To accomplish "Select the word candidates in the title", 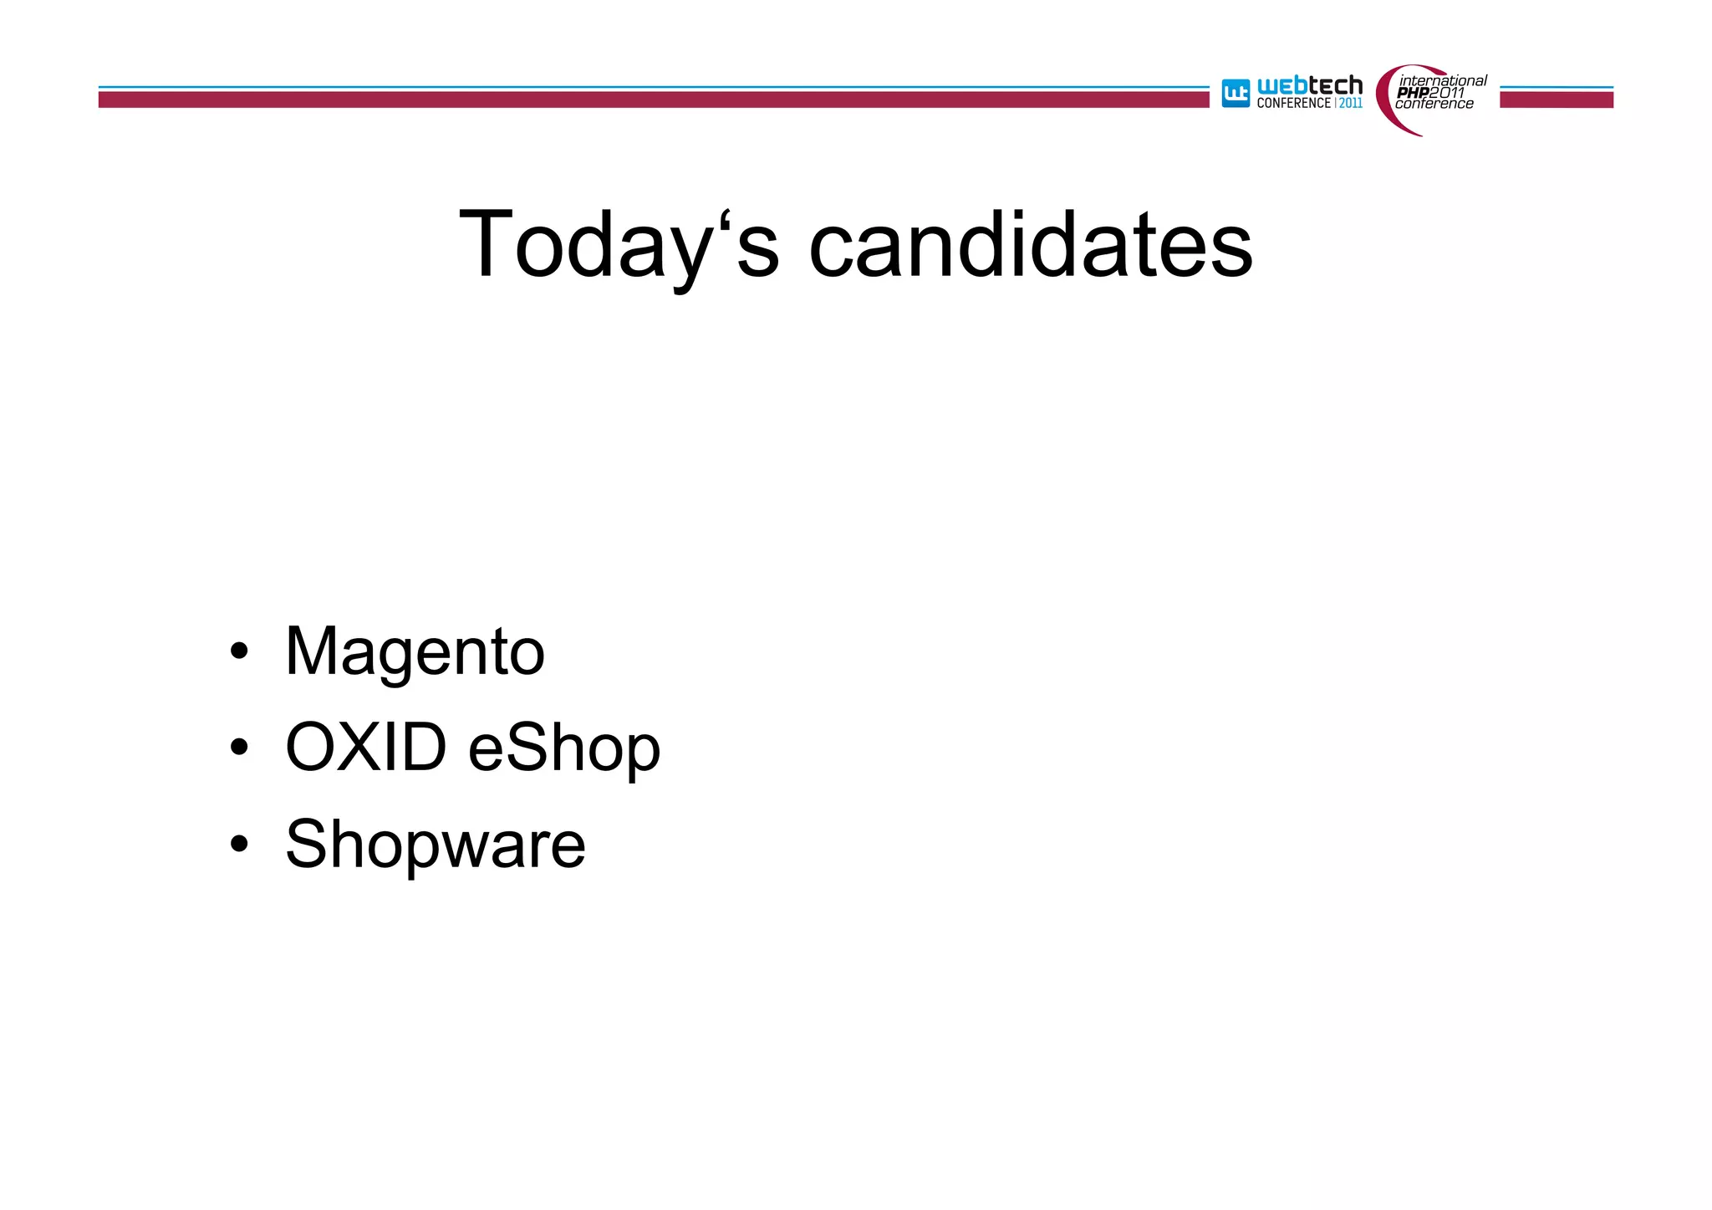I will tap(1030, 245).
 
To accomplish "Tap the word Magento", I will tap(415, 653).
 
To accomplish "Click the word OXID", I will tap(366, 747).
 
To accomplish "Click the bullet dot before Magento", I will tap(239, 652).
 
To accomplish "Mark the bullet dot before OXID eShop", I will tap(239, 748).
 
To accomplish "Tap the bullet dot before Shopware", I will tap(239, 844).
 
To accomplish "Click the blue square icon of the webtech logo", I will tap(1236, 94).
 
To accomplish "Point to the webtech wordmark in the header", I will tap(1310, 85).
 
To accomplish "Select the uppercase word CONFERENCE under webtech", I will tap(1293, 104).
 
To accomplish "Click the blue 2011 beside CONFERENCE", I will tap(1351, 104).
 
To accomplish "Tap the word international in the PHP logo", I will tap(1444, 81).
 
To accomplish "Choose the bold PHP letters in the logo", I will tap(1413, 93).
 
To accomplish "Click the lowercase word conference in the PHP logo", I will tap(1434, 105).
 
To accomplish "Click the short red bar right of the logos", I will tap(1556, 100).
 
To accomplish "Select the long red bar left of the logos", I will tap(652, 100).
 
